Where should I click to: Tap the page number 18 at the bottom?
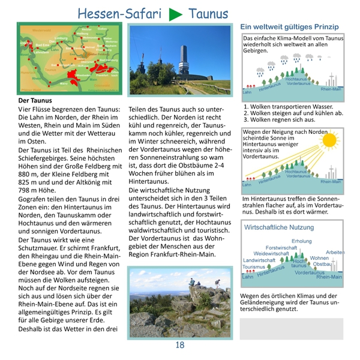(180, 345)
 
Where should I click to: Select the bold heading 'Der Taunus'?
(35, 100)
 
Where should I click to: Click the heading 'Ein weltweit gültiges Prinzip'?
(289, 27)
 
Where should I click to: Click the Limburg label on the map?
(61, 39)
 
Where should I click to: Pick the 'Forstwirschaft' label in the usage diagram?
(281, 247)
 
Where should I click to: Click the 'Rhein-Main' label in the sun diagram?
(331, 181)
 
